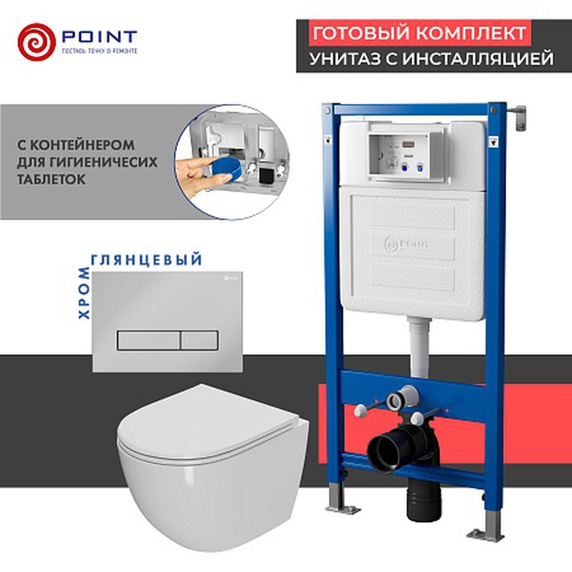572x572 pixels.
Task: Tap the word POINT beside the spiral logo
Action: [99, 37]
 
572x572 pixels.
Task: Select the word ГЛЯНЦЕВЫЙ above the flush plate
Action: [148, 259]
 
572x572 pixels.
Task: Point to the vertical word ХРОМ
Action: [84, 288]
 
